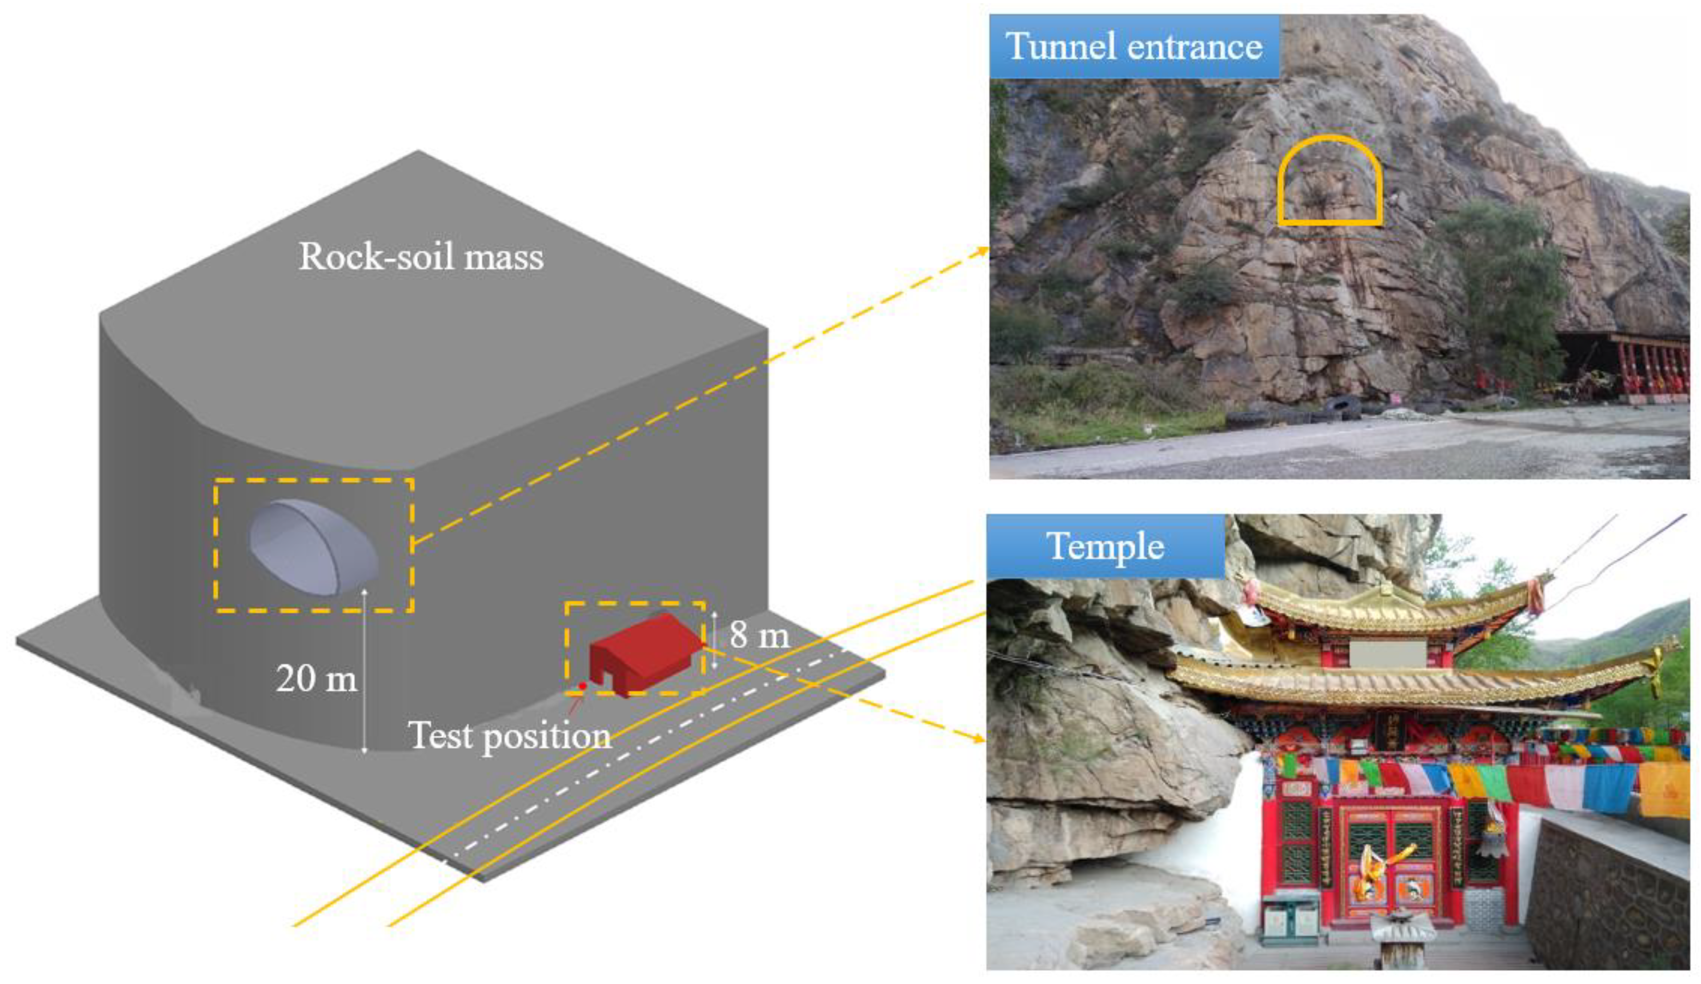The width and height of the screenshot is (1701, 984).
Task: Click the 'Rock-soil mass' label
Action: tap(421, 257)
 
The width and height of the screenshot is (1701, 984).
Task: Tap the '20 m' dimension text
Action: tap(316, 678)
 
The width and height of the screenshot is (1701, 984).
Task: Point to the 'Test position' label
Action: tap(510, 736)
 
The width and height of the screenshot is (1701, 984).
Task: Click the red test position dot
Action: tap(582, 686)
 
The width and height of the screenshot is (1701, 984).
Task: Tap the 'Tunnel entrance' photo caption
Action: tap(1134, 46)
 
